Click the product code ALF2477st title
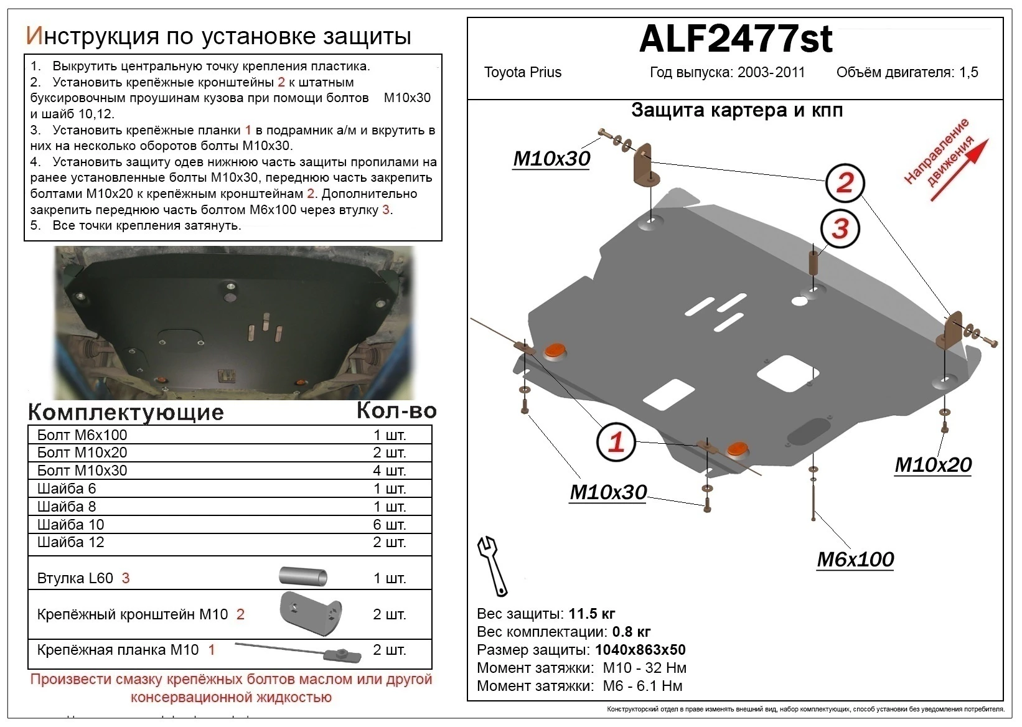[x=735, y=40]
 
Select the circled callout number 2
[x=844, y=182]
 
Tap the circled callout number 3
[x=840, y=228]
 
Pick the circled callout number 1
[x=616, y=443]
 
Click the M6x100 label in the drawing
[x=855, y=559]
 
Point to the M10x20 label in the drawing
[x=932, y=464]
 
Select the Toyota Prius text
[x=523, y=72]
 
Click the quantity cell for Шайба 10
[x=389, y=525]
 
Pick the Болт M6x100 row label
[x=82, y=435]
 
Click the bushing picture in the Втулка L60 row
[x=302, y=576]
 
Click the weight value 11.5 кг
[x=591, y=614]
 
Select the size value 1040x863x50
[x=640, y=650]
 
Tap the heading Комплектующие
[x=126, y=412]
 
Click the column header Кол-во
[x=396, y=410]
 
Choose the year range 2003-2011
[x=771, y=72]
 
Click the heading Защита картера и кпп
[x=737, y=110]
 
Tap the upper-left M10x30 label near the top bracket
[x=551, y=159]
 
